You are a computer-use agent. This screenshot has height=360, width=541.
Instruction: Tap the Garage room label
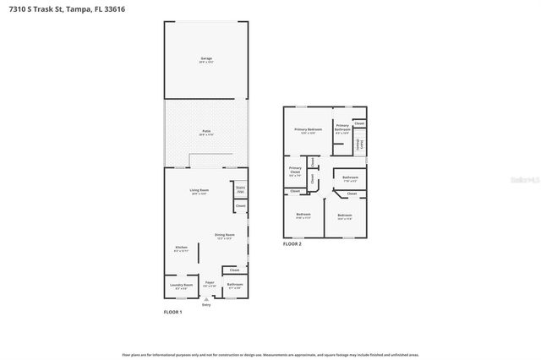(x=205, y=60)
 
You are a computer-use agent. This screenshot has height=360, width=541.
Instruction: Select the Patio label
(x=205, y=133)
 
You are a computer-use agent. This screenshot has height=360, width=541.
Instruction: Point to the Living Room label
(x=199, y=192)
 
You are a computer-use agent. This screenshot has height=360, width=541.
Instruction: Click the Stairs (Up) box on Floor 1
(x=240, y=190)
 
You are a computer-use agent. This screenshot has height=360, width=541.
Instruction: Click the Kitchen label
(x=181, y=248)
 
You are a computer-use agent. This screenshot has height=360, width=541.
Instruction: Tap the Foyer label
(x=209, y=284)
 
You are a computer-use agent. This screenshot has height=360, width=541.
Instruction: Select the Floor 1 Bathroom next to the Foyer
(x=234, y=286)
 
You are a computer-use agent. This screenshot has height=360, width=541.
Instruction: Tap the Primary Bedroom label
(x=304, y=131)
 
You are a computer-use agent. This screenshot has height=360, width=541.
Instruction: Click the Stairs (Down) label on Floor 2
(x=359, y=144)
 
